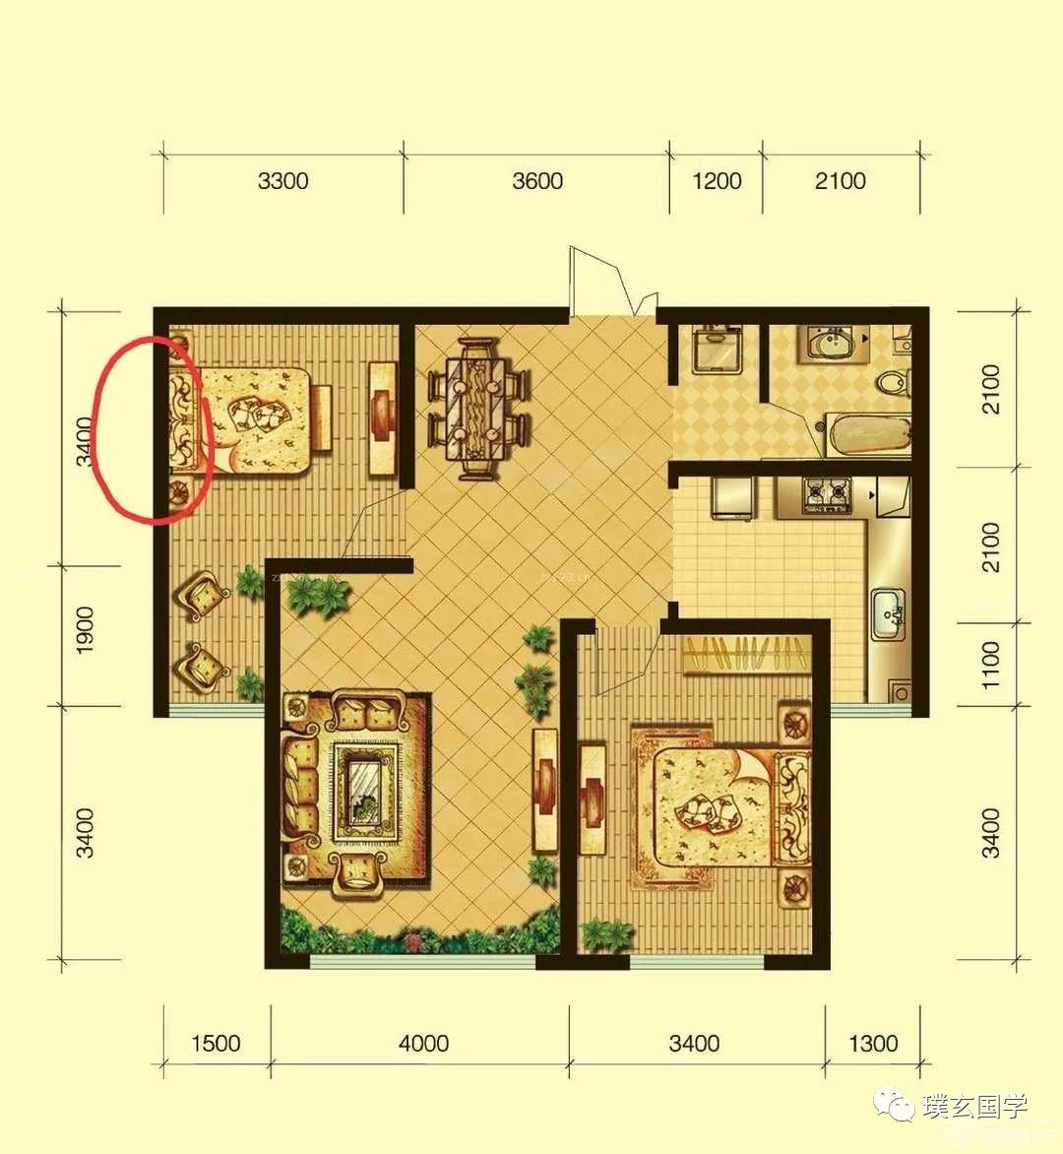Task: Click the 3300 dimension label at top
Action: [282, 181]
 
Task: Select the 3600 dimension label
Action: [537, 181]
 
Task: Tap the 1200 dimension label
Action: [717, 181]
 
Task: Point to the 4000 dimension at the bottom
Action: [424, 1043]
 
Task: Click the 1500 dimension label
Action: [216, 1043]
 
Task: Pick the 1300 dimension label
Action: [873, 1043]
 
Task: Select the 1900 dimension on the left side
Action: [86, 630]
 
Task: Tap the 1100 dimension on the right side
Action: [991, 665]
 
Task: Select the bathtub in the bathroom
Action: [869, 435]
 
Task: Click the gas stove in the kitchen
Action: [828, 494]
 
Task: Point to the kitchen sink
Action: [890, 614]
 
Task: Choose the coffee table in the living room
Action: [365, 792]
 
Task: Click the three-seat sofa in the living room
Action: [301, 784]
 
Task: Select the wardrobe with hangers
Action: [747, 654]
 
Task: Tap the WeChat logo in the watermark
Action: [894, 1104]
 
